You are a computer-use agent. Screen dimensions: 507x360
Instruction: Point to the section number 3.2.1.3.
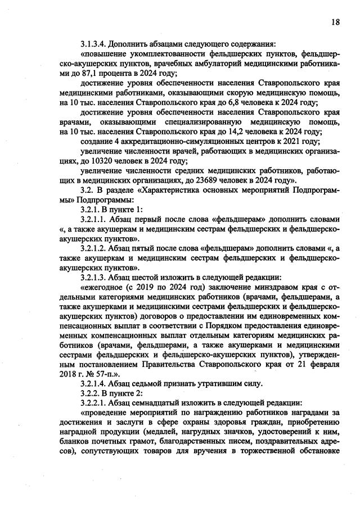coord(94,277)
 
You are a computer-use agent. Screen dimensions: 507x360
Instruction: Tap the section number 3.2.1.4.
coord(94,384)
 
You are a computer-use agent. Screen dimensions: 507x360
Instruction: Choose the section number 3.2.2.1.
coord(94,404)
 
